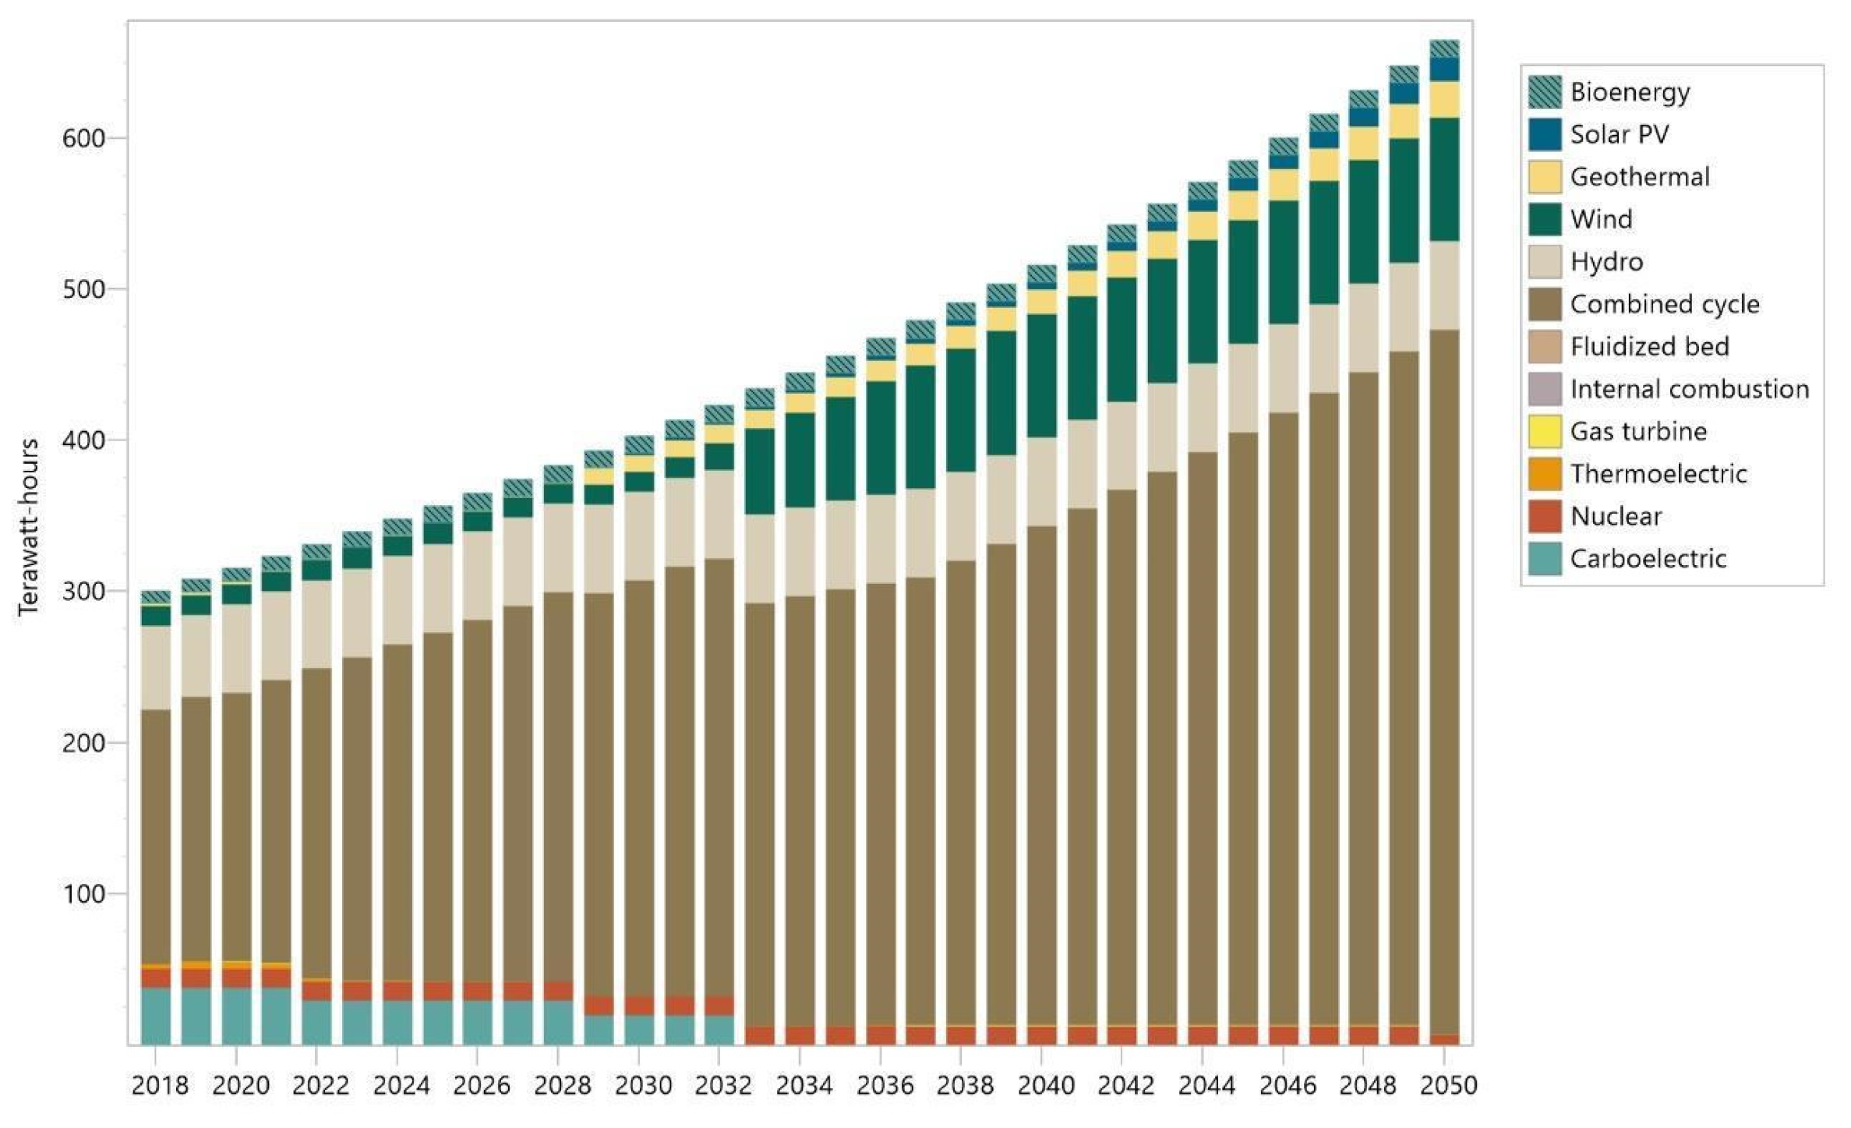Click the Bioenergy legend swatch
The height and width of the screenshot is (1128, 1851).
tap(1544, 92)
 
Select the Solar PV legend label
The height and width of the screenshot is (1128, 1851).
tap(1619, 134)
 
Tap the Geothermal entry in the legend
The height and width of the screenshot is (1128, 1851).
tap(1639, 177)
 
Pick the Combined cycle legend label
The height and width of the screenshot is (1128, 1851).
tap(1664, 304)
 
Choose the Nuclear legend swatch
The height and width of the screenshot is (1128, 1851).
tap(1544, 516)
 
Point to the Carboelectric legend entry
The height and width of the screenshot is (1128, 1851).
tap(1648, 558)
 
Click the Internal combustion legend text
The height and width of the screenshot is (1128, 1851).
tap(1689, 389)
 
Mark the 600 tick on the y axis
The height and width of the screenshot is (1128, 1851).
tap(83, 138)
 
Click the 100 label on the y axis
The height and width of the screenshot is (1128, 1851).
tap(83, 893)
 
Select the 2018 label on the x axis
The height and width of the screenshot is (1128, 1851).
tap(159, 1085)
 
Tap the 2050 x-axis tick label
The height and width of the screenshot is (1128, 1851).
tap(1447, 1085)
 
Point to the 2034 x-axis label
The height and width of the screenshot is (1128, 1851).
tap(804, 1085)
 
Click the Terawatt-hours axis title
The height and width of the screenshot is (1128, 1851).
tap(28, 527)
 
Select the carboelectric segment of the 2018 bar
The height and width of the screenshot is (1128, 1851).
tap(156, 1016)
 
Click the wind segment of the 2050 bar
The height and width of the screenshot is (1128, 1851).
tap(1444, 179)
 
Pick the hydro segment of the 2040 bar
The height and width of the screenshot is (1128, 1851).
tap(1041, 481)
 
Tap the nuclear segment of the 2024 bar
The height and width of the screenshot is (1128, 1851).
tap(397, 991)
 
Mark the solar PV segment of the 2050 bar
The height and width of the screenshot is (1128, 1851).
tap(1444, 69)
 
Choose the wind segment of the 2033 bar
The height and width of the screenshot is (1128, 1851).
tap(759, 471)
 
